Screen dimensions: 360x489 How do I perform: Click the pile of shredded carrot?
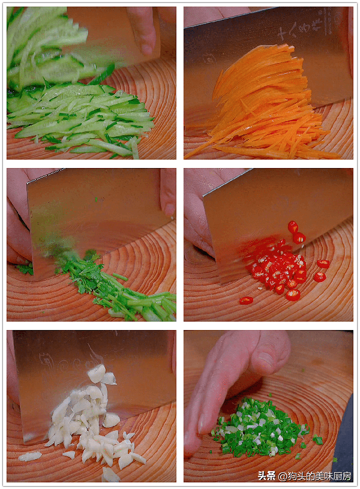tap(265, 106)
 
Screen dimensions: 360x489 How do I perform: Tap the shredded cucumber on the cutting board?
tap(81, 119)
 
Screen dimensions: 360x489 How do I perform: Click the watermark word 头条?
tap(267, 476)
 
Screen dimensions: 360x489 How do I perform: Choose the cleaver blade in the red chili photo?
tap(275, 218)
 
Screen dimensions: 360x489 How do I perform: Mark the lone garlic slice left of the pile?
tap(29, 456)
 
